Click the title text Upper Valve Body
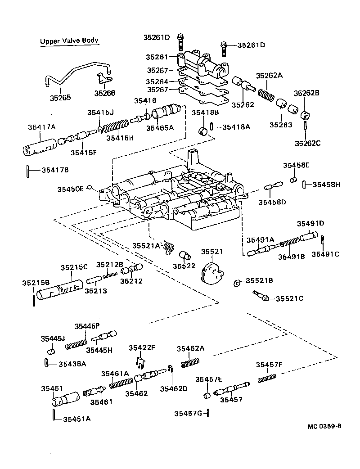point(69,41)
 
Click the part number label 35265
point(59,97)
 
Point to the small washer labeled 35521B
point(237,283)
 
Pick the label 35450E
point(70,189)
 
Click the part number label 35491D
point(310,223)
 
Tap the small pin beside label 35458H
point(305,184)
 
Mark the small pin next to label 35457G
point(209,413)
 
